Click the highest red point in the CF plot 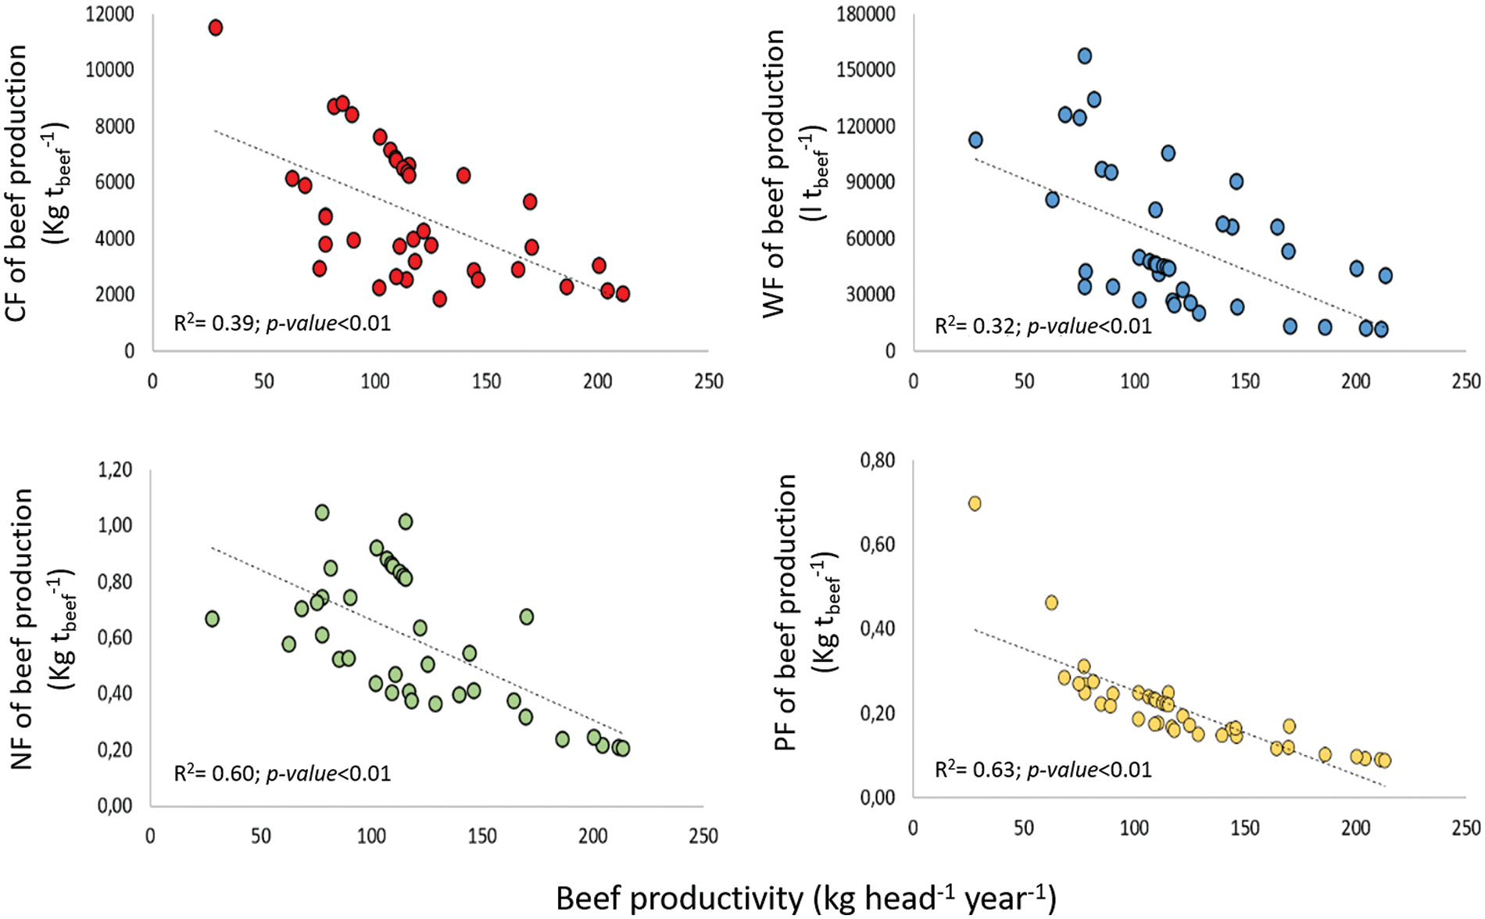216,27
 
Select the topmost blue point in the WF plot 1085,55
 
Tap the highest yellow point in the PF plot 975,503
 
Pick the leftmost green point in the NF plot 212,619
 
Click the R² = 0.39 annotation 281,324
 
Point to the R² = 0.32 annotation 1043,326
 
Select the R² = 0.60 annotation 281,774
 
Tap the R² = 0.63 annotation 1043,770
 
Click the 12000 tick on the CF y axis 110,14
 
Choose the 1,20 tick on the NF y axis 115,470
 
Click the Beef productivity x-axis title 806,899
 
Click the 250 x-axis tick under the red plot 708,381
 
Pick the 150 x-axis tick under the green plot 482,836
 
